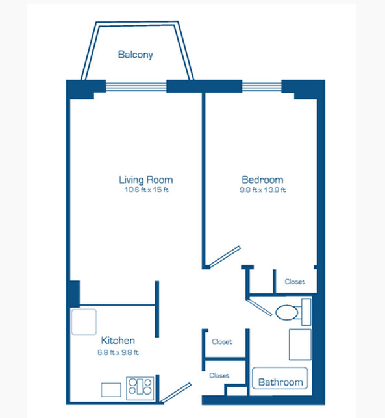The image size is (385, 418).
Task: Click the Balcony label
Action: (x=136, y=55)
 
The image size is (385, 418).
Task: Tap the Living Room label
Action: (x=146, y=180)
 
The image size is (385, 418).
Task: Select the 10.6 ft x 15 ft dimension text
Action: (x=146, y=190)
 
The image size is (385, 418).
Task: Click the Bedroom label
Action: (x=262, y=180)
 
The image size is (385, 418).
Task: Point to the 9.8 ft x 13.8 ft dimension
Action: (x=263, y=190)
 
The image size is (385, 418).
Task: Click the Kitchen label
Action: (x=118, y=340)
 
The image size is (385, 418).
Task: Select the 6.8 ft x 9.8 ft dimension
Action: (x=118, y=352)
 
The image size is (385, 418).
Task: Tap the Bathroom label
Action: (x=280, y=382)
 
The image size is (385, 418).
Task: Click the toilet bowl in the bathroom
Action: (x=286, y=312)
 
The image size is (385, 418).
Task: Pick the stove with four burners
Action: (x=140, y=388)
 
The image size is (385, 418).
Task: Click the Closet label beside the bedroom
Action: (x=295, y=282)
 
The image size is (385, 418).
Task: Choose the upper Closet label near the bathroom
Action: (x=222, y=342)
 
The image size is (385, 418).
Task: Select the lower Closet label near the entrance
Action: (x=219, y=376)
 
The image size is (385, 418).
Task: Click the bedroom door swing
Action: (x=225, y=257)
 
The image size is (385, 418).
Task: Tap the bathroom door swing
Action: (x=259, y=307)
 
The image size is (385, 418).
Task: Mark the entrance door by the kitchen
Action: (x=176, y=393)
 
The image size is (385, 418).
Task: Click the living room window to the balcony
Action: (x=136, y=86)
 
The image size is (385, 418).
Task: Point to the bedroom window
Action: (x=262, y=86)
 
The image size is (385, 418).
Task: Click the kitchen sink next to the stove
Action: (x=111, y=389)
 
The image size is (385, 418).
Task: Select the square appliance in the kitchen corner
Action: (x=84, y=322)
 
